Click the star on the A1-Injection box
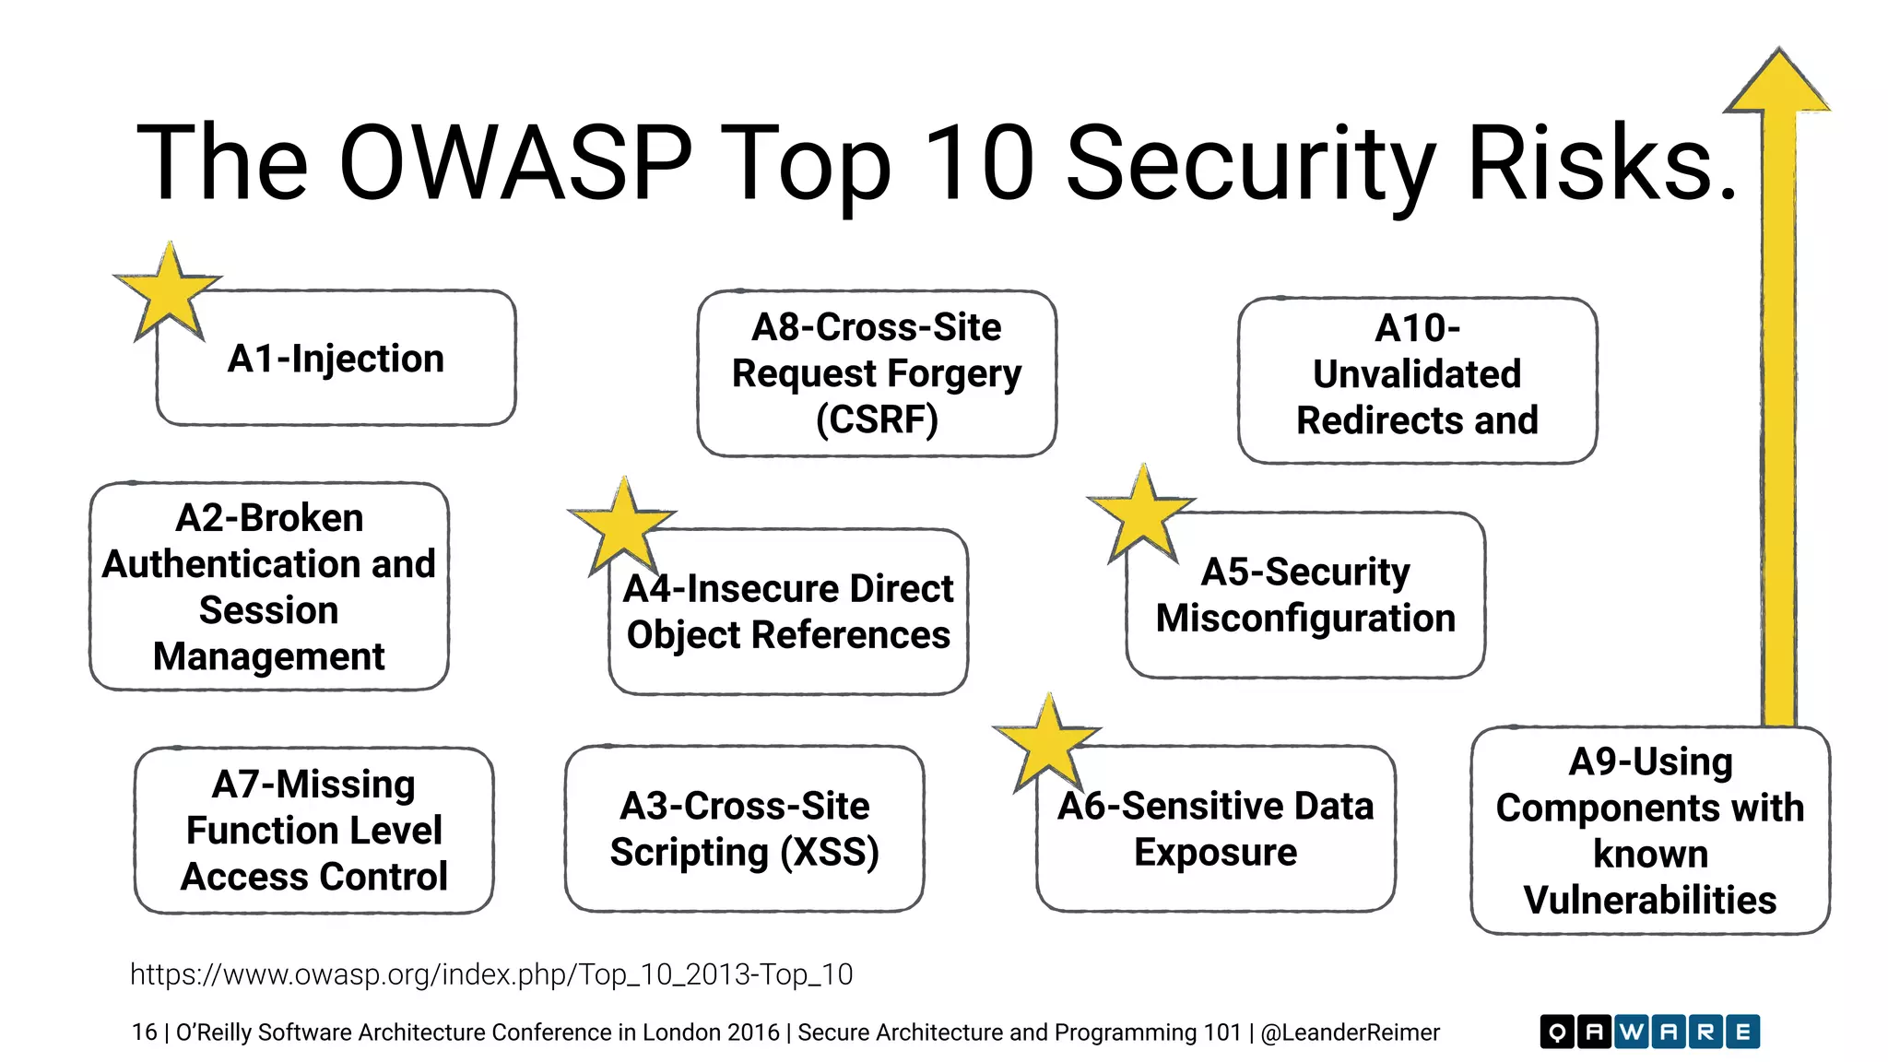click(x=168, y=293)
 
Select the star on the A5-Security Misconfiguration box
click(x=1142, y=516)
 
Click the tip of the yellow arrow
click(x=1778, y=55)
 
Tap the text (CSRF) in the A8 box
click(x=877, y=420)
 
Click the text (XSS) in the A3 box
click(x=829, y=852)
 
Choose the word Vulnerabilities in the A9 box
click(x=1650, y=900)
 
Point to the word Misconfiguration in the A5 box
click(x=1305, y=618)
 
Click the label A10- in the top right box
click(x=1417, y=328)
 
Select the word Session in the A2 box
click(x=268, y=610)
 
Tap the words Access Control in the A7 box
click(x=314, y=877)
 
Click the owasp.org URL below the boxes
click(x=491, y=974)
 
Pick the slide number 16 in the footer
click(x=144, y=1032)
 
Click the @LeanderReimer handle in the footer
click(x=1350, y=1032)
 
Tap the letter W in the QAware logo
click(x=1631, y=1032)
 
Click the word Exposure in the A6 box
click(x=1215, y=852)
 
